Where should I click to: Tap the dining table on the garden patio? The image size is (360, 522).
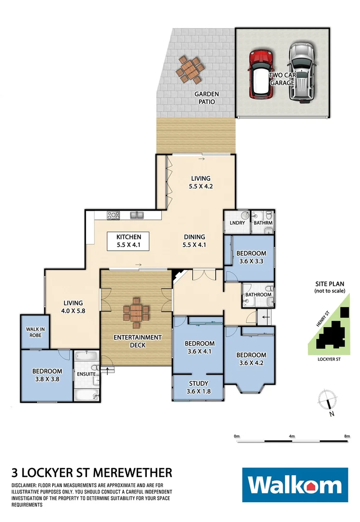point(189,69)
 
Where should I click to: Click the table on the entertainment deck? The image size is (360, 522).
point(137,312)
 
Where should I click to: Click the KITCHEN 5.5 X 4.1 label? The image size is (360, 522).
point(129,241)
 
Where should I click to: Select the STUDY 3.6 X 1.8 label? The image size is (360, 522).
point(198,388)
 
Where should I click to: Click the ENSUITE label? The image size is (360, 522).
point(86,374)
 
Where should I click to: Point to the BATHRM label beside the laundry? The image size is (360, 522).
point(263,223)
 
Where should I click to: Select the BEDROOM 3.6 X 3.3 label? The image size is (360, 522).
point(251,258)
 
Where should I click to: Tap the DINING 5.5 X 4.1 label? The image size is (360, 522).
point(194,241)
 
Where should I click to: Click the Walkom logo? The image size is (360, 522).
point(295,485)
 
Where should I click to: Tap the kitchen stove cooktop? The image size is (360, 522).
point(113,215)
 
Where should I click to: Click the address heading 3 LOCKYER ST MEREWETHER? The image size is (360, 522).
point(91,472)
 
